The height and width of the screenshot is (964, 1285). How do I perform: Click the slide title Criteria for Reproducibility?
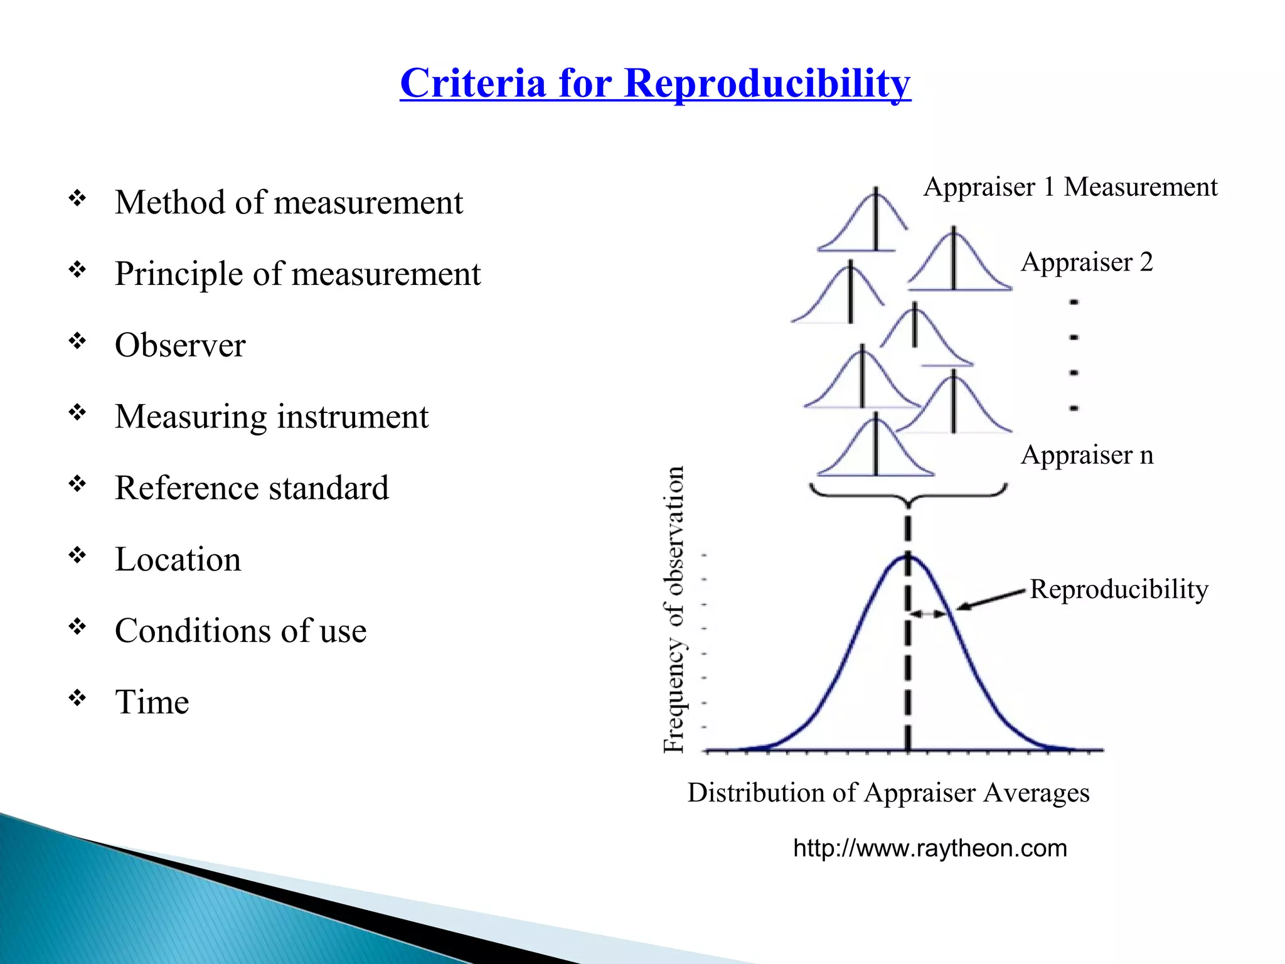coord(655,83)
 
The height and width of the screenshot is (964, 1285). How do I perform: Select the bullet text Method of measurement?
coord(289,203)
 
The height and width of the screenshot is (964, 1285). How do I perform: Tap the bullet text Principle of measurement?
coord(297,274)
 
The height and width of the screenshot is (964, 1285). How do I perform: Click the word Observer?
coord(180,345)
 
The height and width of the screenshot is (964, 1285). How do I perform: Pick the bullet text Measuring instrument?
coord(272,417)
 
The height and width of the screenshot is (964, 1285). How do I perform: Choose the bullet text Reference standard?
coord(252,488)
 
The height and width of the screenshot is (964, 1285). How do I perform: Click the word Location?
coord(178,559)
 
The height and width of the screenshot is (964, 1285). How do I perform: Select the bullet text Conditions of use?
coord(240,631)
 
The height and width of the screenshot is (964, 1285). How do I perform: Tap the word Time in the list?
coord(152,702)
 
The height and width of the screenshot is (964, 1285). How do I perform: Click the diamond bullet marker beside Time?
coord(77,697)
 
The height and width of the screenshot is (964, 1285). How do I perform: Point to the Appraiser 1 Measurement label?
coord(1070,187)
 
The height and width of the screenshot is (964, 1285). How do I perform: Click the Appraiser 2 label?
coord(1087,262)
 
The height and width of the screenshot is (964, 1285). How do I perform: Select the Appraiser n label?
coord(1087,455)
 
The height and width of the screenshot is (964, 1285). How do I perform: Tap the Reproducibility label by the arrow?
coord(1119,589)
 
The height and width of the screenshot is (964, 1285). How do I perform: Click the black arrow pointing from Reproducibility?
coord(991,599)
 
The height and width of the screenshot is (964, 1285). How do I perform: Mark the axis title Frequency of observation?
coord(674,609)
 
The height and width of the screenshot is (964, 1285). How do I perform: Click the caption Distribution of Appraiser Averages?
coord(888,793)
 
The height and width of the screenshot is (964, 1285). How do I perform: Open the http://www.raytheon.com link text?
coord(930,849)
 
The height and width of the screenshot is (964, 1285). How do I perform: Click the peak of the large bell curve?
coord(908,557)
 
